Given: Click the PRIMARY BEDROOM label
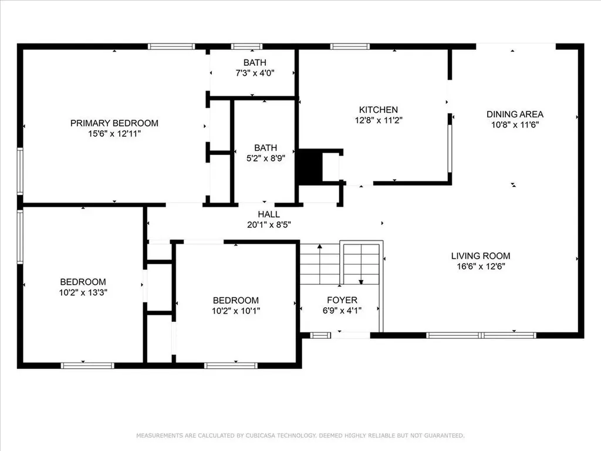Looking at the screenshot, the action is point(114,123).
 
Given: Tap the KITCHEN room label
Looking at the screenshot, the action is point(379,110).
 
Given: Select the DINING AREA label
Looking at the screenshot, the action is point(515,115).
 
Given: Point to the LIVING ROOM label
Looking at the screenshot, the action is point(481,256).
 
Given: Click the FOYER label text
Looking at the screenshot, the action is point(342,300).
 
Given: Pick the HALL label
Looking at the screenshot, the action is point(269,214).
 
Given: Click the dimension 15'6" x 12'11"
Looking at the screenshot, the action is point(114,134).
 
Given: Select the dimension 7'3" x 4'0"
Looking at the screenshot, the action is point(255,73).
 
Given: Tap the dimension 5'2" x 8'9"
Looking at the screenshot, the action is point(266,158).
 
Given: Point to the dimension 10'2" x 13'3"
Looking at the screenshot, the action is point(83,292).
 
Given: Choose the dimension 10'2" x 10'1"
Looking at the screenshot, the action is point(236,311).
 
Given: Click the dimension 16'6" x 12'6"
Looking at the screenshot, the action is point(481,266).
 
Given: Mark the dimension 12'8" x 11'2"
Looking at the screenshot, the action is point(379,120).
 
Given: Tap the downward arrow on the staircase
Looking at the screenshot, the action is point(361,282).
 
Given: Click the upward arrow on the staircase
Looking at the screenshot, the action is point(320,246).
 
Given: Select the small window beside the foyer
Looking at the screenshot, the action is point(320,335).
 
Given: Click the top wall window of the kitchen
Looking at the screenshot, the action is point(350,47).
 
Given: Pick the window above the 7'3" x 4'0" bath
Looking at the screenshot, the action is point(247,47).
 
